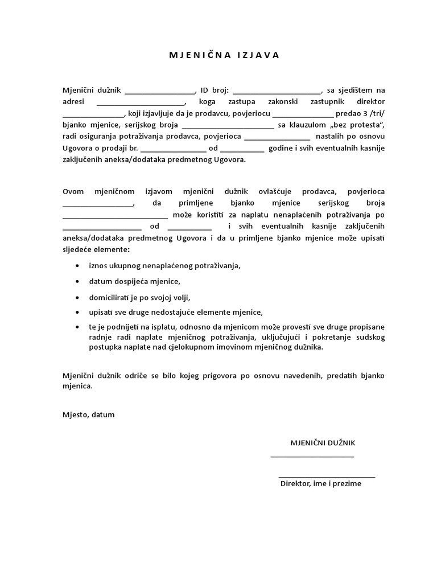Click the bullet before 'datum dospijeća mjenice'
pyautogui.click(x=77, y=281)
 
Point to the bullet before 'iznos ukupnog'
pyautogui.click(x=77, y=265)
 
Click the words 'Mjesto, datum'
pyautogui.click(x=88, y=414)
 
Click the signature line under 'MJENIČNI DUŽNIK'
pyautogui.click(x=312, y=456)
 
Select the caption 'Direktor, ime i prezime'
pyautogui.click(x=321, y=483)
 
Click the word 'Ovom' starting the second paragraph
pyautogui.click(x=73, y=191)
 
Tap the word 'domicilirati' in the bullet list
pyautogui.click(x=109, y=297)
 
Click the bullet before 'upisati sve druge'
pyautogui.click(x=77, y=313)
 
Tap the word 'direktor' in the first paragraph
pyautogui.click(x=370, y=102)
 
